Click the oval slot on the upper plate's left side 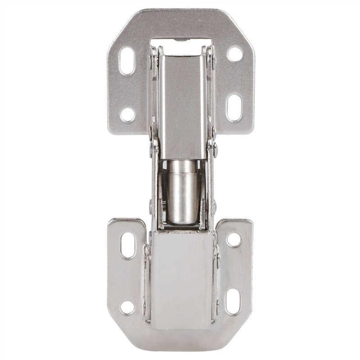point(127,61)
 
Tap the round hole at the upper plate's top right point(234,54)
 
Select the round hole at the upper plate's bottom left point(127,114)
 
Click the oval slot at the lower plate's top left point(128,245)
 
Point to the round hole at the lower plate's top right point(234,240)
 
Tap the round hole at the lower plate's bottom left point(127,308)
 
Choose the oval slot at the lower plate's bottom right point(233,301)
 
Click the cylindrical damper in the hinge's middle point(182,191)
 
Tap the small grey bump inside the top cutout point(180,40)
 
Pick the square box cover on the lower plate point(182,279)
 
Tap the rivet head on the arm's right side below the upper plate point(216,149)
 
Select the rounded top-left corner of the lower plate point(111,221)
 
